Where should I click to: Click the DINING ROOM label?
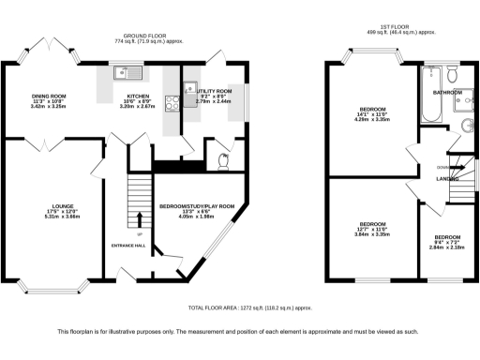point(49,96)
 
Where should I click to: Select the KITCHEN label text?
point(125,96)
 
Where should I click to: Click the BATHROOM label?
point(447,93)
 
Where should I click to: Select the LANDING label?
point(447,179)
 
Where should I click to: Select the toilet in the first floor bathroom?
point(451,75)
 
